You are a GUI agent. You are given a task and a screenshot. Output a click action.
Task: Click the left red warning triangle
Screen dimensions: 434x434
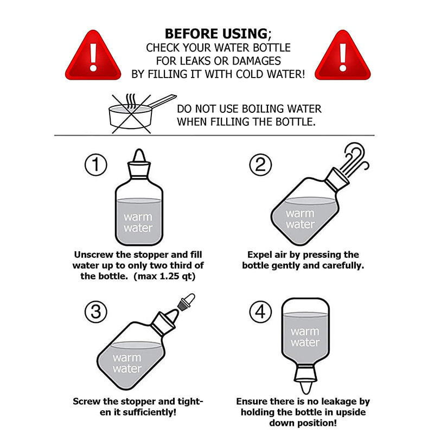[93, 57]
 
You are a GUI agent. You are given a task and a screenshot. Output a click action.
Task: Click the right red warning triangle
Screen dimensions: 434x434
[343, 57]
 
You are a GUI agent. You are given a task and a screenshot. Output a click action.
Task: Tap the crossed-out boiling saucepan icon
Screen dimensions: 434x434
[138, 114]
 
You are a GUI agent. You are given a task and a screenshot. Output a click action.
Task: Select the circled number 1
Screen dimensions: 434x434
[96, 165]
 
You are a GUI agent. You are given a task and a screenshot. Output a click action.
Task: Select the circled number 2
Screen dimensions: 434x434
[260, 165]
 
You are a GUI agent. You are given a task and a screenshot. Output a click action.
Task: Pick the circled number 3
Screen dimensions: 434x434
[96, 311]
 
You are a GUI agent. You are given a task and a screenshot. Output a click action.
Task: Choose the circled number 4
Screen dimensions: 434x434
[260, 311]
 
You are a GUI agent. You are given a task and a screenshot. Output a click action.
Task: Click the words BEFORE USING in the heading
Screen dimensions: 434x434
[216, 34]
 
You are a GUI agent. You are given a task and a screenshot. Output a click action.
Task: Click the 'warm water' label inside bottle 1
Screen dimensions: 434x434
[138, 222]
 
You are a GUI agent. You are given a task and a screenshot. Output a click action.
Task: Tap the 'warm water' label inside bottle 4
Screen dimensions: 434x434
[305, 337]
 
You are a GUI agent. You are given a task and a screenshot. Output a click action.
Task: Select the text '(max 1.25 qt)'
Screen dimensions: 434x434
[164, 276]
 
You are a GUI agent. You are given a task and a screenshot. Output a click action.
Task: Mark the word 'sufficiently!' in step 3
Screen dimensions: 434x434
[150, 412]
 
